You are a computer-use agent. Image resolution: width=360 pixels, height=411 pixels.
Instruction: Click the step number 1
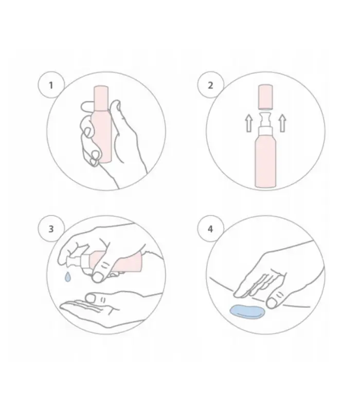pyautogui.click(x=51, y=85)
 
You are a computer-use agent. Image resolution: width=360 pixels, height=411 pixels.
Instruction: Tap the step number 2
pyautogui.click(x=210, y=85)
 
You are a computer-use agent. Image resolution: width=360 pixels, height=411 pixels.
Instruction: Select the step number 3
pyautogui.click(x=51, y=229)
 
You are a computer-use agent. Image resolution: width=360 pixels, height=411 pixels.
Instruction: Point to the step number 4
pyautogui.click(x=210, y=229)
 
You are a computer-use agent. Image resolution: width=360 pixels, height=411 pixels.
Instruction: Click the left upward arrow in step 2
pyautogui.click(x=249, y=124)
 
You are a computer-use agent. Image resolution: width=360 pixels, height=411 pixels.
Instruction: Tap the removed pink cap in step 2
pyautogui.click(x=265, y=97)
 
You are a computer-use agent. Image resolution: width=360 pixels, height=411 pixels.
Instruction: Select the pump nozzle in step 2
pyautogui.click(x=265, y=119)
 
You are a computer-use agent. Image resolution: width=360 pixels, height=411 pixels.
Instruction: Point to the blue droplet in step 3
pyautogui.click(x=68, y=277)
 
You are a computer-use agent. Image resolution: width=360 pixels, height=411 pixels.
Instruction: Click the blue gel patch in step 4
pyautogui.click(x=248, y=312)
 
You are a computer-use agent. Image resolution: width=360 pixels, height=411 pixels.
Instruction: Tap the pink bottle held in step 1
pyautogui.click(x=101, y=124)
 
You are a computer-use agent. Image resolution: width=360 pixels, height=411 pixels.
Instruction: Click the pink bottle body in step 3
pyautogui.click(x=115, y=262)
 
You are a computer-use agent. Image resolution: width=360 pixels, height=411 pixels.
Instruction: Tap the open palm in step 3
pyautogui.click(x=105, y=311)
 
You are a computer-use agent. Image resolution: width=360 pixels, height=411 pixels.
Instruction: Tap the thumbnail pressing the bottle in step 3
pyautogui.click(x=98, y=277)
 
